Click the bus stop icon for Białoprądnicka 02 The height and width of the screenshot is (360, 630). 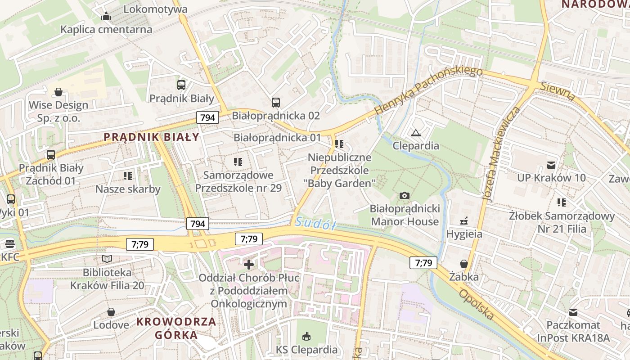click(x=276, y=103)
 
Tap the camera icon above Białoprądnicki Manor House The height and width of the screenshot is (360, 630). click(x=405, y=195)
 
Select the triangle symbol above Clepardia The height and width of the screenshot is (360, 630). click(x=415, y=132)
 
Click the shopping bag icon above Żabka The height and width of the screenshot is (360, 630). click(x=464, y=264)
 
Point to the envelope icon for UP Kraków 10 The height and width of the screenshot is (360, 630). click(x=551, y=165)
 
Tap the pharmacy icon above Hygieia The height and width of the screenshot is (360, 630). click(x=464, y=221)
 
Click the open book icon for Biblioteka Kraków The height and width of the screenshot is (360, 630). click(x=107, y=259)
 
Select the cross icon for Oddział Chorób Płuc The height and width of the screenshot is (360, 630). click(x=248, y=265)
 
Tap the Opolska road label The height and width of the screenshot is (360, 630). click(x=476, y=304)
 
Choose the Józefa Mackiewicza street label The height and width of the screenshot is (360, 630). click(x=500, y=154)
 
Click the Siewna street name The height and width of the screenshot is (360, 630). click(x=558, y=91)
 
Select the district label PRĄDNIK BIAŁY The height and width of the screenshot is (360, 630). click(x=151, y=137)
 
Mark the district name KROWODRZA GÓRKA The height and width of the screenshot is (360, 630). click(x=176, y=328)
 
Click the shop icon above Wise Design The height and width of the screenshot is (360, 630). click(x=58, y=92)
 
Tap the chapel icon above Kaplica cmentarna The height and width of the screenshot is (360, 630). click(x=106, y=17)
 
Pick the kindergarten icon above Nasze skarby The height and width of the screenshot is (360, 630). click(x=127, y=175)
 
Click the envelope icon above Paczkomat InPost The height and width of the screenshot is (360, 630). click(x=573, y=312)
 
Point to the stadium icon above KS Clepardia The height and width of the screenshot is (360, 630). click(x=307, y=336)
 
